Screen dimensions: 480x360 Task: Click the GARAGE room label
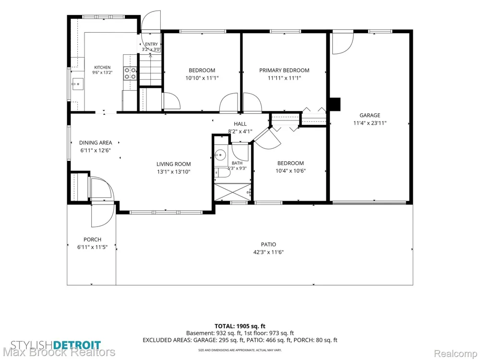pyautogui.click(x=370, y=115)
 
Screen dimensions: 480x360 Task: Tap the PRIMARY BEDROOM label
pyautogui.click(x=284, y=71)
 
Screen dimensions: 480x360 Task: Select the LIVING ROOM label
pyautogui.click(x=174, y=164)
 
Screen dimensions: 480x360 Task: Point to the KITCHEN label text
pyautogui.click(x=102, y=67)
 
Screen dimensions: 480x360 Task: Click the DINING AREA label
pyautogui.click(x=96, y=143)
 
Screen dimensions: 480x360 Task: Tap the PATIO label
pyautogui.click(x=268, y=245)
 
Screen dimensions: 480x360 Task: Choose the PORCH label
pyautogui.click(x=93, y=240)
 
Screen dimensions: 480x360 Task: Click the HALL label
pyautogui.click(x=240, y=124)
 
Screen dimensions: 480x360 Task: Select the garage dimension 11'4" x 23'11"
pyautogui.click(x=370, y=123)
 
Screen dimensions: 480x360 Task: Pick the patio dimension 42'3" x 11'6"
pyautogui.click(x=268, y=252)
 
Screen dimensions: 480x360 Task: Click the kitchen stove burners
pyautogui.click(x=130, y=73)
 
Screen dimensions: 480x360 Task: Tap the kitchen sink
pyautogui.click(x=78, y=84)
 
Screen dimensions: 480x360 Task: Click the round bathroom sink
pyautogui.click(x=220, y=155)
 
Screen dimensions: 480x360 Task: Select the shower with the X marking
pyautogui.click(x=232, y=192)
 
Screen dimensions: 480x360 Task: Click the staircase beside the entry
pyautogui.click(x=151, y=70)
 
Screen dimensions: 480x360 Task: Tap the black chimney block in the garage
pyautogui.click(x=335, y=104)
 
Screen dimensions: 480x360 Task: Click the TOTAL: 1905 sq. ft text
pyautogui.click(x=240, y=326)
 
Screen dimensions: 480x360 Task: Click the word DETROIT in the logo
pyautogui.click(x=77, y=345)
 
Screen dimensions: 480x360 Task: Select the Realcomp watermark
pyautogui.click(x=455, y=354)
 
